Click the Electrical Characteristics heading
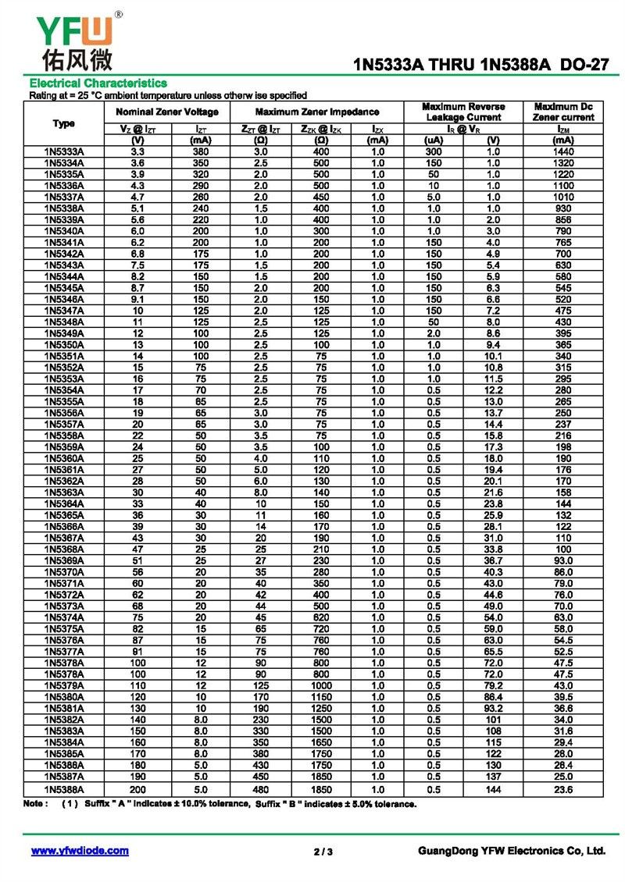pos(98,83)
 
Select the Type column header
pos(64,123)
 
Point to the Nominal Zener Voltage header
pos(167,112)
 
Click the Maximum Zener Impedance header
pos(317,112)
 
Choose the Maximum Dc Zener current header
pos(564,112)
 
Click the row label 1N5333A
pos(64,151)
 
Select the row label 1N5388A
pos(64,790)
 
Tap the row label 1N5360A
pos(64,459)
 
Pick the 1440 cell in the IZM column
pos(564,151)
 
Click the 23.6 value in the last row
pos(564,790)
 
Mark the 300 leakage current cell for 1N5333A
pos(434,151)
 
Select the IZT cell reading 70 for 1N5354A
pos(201,390)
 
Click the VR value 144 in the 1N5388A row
pos(493,790)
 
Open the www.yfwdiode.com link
pos(80,851)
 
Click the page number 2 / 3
pos(323,852)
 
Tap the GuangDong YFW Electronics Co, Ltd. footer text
pos(512,851)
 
